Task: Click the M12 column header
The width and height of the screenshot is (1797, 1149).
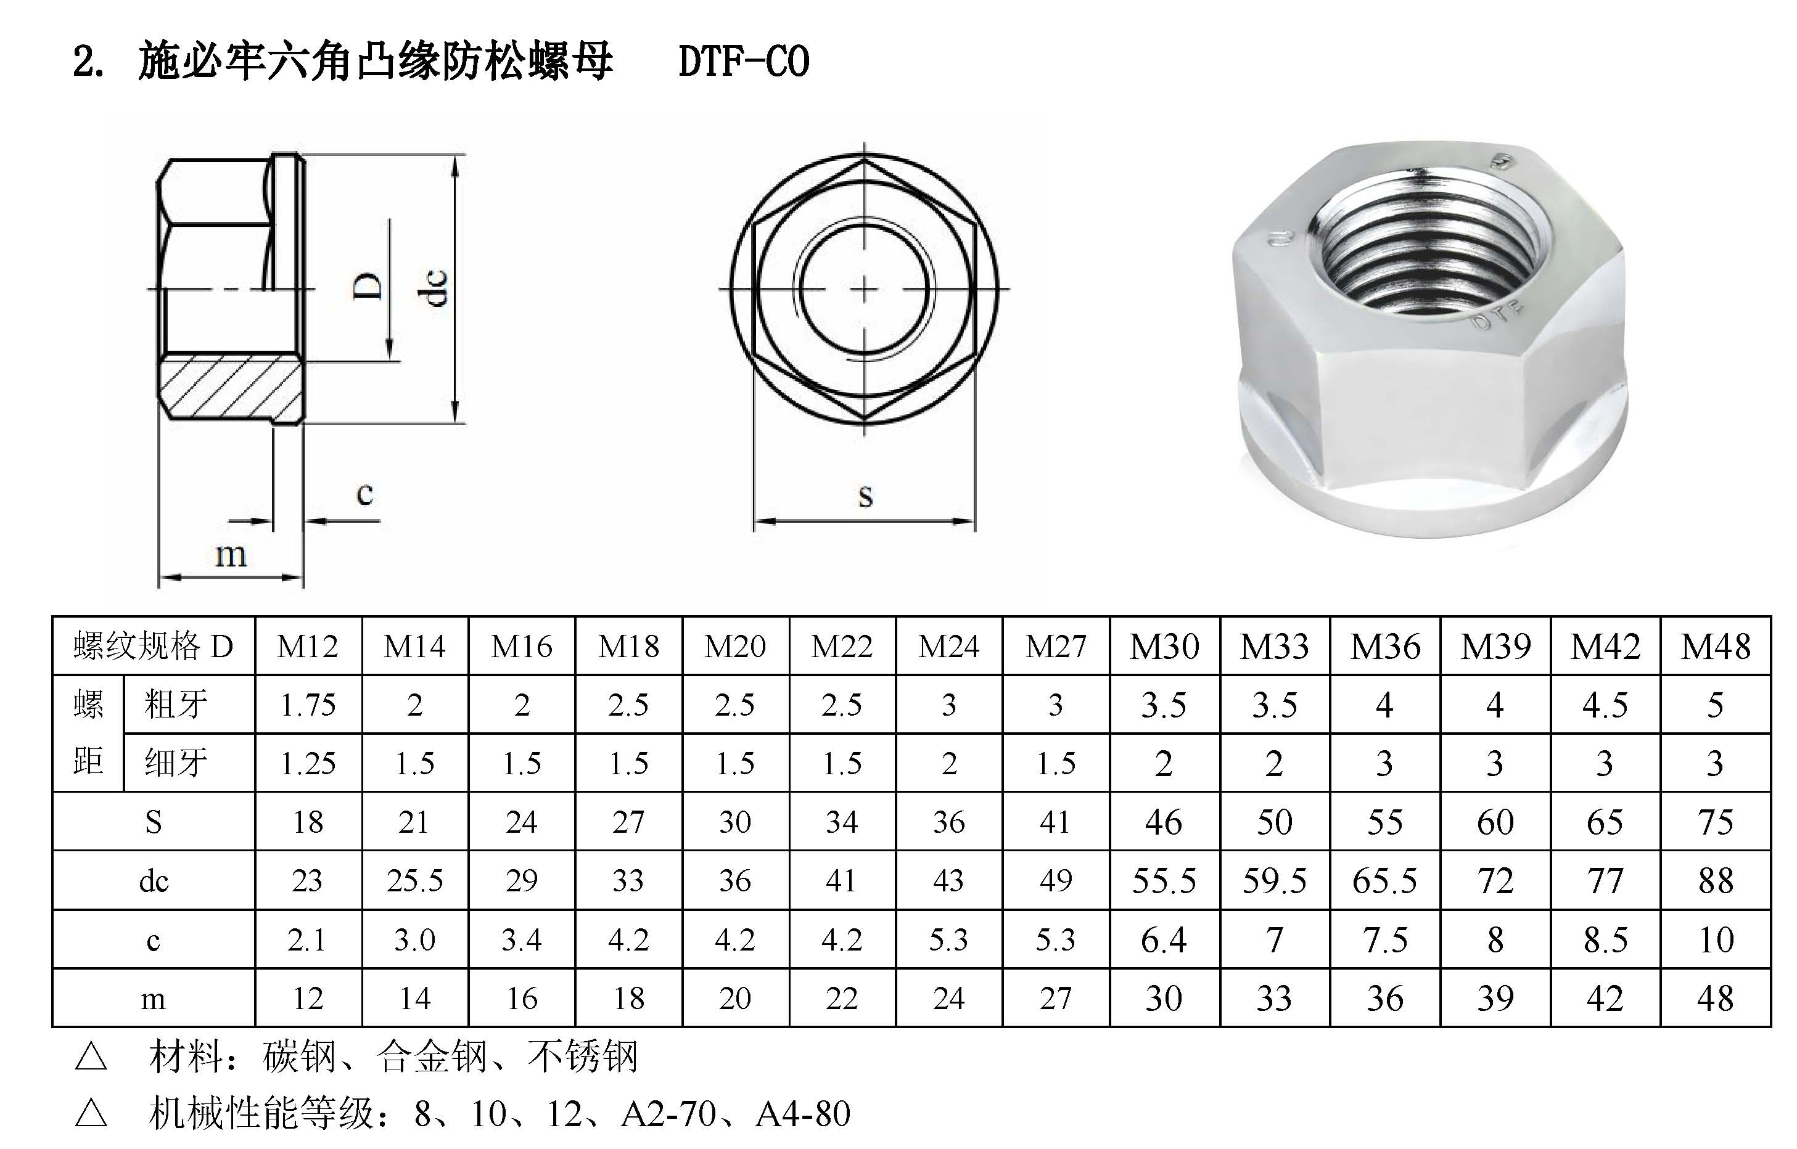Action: pos(308,646)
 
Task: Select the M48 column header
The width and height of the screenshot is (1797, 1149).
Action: pos(1715,646)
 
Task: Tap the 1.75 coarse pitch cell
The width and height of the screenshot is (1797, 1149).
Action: pos(308,705)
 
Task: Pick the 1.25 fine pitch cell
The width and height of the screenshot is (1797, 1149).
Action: pos(308,763)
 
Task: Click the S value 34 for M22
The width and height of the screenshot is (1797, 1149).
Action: pos(841,822)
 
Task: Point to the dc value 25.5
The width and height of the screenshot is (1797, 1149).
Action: pos(415,881)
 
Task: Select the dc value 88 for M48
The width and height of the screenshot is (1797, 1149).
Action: pos(1715,881)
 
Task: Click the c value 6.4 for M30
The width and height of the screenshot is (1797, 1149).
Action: pos(1164,940)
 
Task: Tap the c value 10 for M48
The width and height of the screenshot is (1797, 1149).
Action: pos(1715,940)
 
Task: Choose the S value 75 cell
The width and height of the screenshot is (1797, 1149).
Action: pos(1715,822)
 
